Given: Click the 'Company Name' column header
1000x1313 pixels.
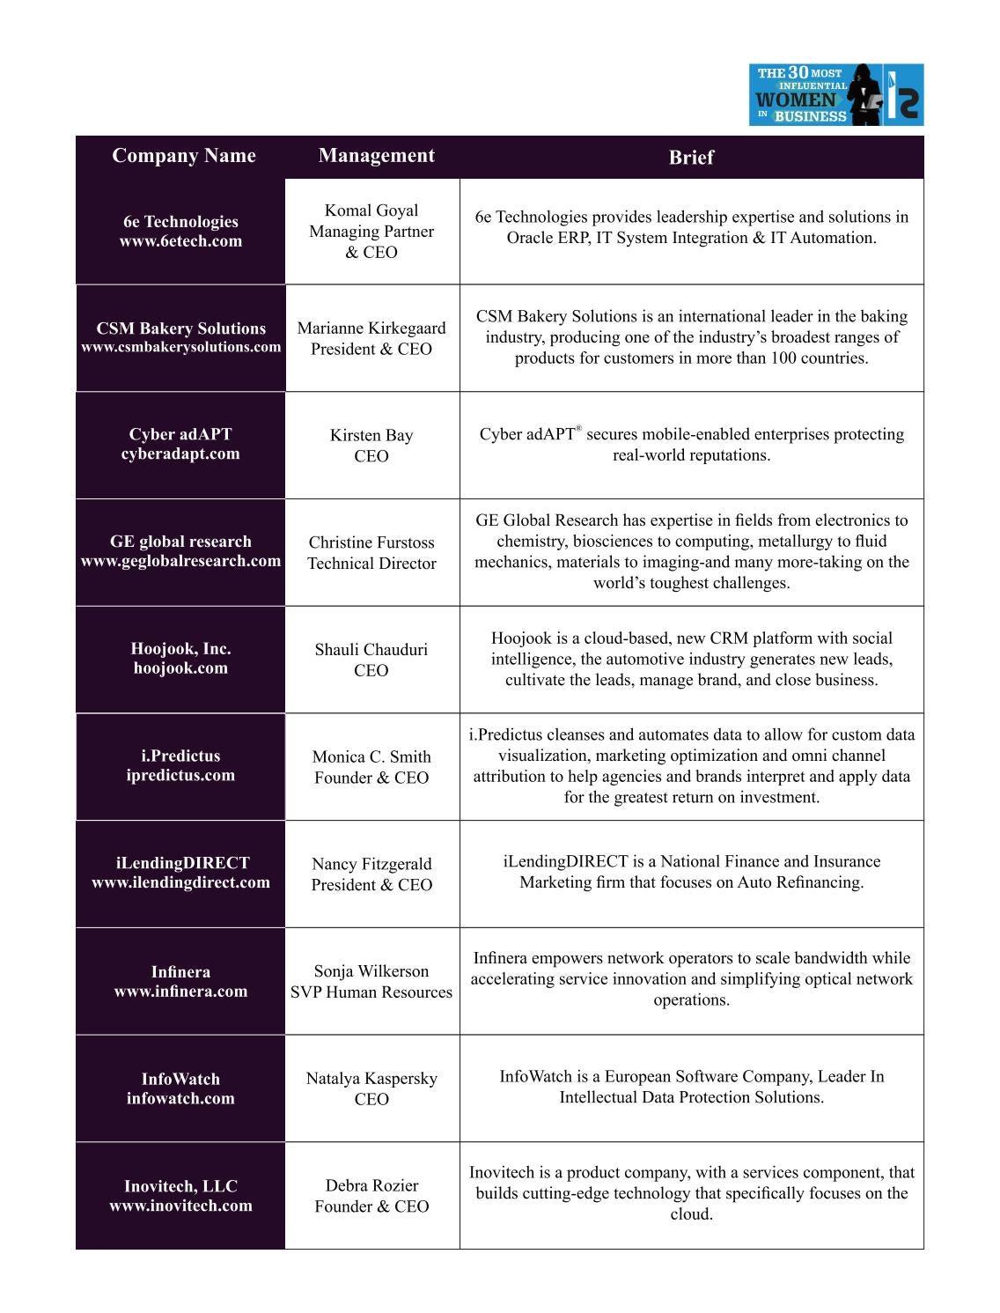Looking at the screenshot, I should tap(184, 156).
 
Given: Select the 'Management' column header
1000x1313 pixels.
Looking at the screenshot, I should tap(376, 156).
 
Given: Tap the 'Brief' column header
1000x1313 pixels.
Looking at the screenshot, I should tap(691, 158).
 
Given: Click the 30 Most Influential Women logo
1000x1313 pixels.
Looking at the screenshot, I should tap(835, 94).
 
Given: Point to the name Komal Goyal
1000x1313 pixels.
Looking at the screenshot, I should tap(371, 210).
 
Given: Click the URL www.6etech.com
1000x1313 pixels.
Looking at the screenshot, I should tap(180, 241).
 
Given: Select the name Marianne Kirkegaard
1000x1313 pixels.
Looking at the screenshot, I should tap(371, 328).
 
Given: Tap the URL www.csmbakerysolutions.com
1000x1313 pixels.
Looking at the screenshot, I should tap(180, 347).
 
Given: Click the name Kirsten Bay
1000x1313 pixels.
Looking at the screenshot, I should tap(371, 435).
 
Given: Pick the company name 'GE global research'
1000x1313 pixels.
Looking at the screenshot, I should tap(180, 542).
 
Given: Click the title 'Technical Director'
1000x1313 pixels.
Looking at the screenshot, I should tap(371, 564).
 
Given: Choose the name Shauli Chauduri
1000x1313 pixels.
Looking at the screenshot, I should tap(371, 650).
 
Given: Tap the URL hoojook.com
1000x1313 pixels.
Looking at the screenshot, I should tap(180, 668).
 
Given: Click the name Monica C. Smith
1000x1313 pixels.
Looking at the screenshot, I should tap(371, 756).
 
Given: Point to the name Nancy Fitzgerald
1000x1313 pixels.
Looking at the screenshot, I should tap(371, 864).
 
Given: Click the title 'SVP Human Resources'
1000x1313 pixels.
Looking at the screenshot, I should tap(371, 992).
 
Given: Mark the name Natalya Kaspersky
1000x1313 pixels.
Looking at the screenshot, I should tap(371, 1079).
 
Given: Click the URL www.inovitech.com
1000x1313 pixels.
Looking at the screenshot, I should tap(180, 1206).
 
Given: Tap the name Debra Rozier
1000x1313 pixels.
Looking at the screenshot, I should tap(371, 1186).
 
